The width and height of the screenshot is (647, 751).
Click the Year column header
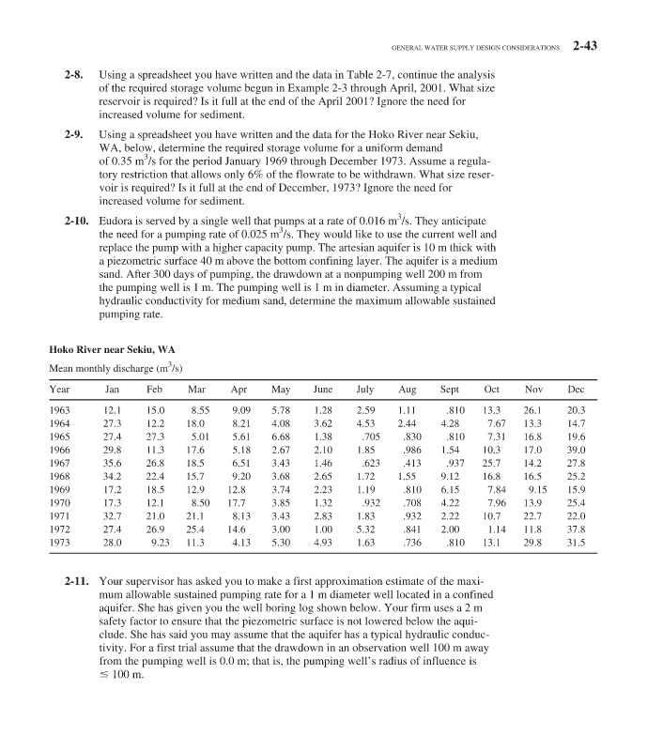pos(59,389)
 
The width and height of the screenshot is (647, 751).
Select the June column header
pos(322,389)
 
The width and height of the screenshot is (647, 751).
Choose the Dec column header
pos(577,389)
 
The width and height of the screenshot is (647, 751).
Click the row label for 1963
pos(60,410)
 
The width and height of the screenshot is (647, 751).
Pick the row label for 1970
pos(60,505)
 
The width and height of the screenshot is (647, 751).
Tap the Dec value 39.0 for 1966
pos(577,451)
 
